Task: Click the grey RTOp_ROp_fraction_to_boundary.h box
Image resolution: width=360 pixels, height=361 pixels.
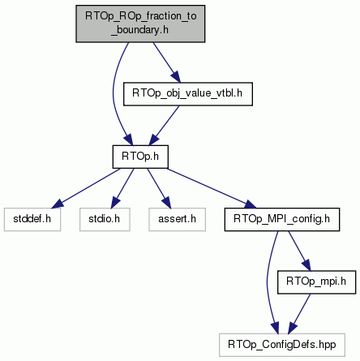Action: click(x=140, y=24)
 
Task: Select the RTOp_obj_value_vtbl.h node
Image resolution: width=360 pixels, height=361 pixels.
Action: click(x=188, y=94)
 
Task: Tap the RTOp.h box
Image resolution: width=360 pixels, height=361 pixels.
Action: click(x=140, y=157)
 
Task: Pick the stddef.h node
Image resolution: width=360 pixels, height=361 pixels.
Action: click(x=32, y=219)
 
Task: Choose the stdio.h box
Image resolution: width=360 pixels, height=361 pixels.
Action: click(x=105, y=219)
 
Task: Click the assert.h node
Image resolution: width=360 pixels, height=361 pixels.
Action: click(x=177, y=219)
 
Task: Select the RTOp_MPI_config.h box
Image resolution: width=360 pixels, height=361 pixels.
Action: click(x=282, y=219)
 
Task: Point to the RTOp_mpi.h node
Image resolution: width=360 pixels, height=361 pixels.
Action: click(x=316, y=282)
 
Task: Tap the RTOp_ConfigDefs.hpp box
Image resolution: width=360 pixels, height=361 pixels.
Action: click(x=282, y=345)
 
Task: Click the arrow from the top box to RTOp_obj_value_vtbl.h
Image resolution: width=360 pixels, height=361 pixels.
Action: click(x=166, y=62)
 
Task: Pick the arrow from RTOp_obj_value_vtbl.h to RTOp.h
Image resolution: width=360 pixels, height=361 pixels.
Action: click(x=165, y=126)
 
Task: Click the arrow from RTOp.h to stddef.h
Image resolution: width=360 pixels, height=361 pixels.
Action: click(x=86, y=188)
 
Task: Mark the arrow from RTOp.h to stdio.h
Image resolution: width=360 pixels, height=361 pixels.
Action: click(x=122, y=188)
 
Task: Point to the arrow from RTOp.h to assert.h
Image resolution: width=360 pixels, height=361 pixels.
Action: click(x=159, y=188)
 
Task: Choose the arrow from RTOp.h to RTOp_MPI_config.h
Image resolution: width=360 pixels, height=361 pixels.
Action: click(x=212, y=188)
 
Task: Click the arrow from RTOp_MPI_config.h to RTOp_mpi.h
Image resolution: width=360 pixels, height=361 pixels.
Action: click(x=299, y=251)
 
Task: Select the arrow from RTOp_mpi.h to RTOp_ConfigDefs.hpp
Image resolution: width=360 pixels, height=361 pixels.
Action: click(x=299, y=314)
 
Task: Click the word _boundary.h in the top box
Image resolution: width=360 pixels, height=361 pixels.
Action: click(x=140, y=30)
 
